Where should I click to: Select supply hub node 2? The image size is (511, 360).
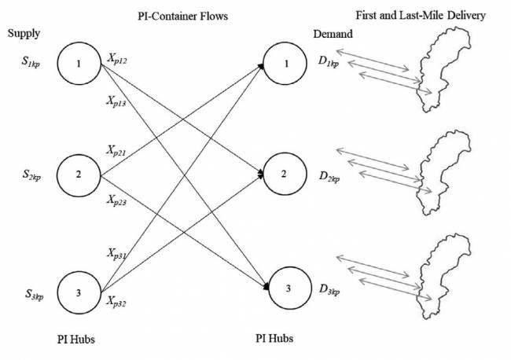coord(79,174)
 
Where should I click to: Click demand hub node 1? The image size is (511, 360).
coord(289,64)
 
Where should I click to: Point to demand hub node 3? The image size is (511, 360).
coord(289,288)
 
